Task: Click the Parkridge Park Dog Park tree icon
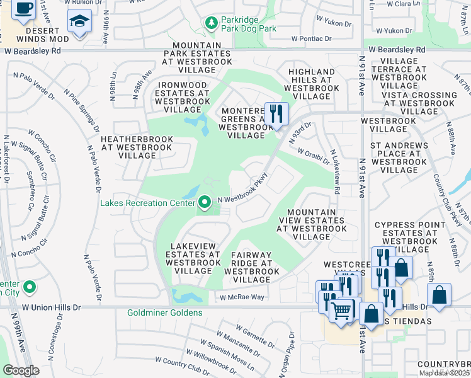pyautogui.click(x=212, y=24)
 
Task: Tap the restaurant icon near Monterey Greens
pyautogui.click(x=276, y=114)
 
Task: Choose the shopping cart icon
pyautogui.click(x=341, y=309)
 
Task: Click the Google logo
pyautogui.click(x=21, y=370)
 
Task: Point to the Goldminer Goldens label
pyautogui.click(x=165, y=312)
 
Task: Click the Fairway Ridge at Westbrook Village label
pyautogui.click(x=251, y=263)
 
